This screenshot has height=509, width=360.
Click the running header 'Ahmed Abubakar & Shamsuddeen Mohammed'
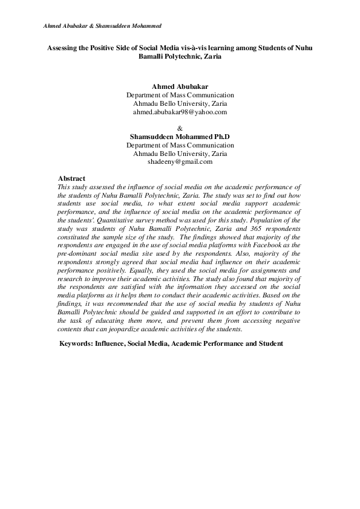click(102, 27)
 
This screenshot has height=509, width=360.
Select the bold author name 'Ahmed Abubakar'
click(180, 87)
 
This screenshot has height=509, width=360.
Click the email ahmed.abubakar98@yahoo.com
click(180, 112)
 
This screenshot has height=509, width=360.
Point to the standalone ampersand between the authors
click(180, 128)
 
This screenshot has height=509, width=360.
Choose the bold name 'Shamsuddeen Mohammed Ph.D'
click(180, 137)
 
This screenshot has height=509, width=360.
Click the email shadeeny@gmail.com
click(180, 161)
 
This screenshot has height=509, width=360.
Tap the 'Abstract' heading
click(71, 178)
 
